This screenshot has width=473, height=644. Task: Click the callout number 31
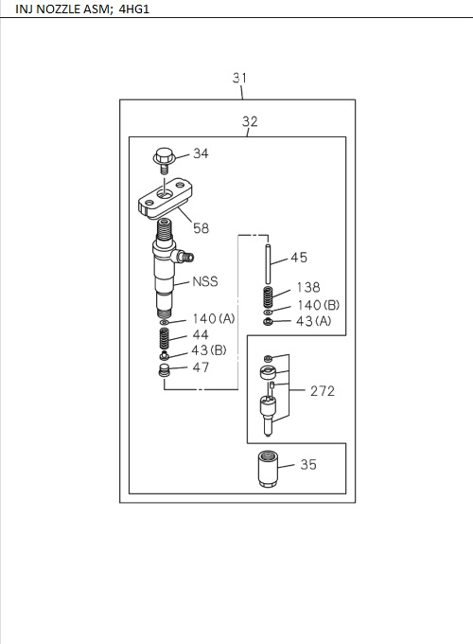(240, 78)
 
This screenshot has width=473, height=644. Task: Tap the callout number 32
(250, 121)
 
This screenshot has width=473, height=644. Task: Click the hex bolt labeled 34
(165, 160)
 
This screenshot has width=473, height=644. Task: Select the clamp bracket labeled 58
(165, 197)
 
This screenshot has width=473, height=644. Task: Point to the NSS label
(205, 281)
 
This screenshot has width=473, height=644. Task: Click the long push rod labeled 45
(269, 263)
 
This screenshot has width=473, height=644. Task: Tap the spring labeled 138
(268, 297)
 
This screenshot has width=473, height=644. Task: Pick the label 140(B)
(319, 305)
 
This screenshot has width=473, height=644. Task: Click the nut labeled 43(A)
(268, 322)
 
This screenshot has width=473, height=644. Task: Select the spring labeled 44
(164, 339)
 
